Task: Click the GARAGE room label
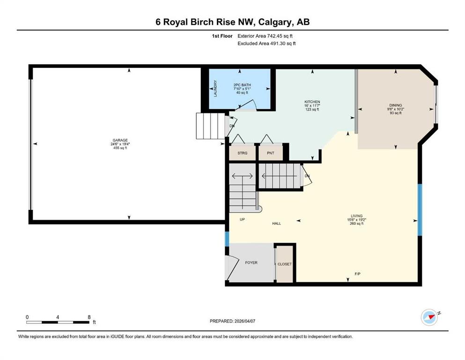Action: point(120,140)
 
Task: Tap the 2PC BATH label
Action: point(242,85)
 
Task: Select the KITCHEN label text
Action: point(312,102)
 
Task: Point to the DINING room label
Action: point(396,105)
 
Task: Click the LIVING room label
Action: point(356,216)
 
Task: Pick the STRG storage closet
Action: point(242,153)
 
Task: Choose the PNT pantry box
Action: point(271,153)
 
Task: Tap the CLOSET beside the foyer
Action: point(284,264)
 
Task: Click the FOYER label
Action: point(251,262)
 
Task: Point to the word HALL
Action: point(276,224)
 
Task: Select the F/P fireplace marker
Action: point(357,274)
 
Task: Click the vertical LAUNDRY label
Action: point(215,89)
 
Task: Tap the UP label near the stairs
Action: point(242,219)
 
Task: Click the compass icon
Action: point(429,317)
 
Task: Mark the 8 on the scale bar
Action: point(89,317)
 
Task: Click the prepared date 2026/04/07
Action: point(244,321)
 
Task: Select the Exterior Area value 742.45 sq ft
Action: point(280,36)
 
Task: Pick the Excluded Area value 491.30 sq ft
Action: point(283,43)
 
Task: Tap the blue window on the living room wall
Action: point(420,210)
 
